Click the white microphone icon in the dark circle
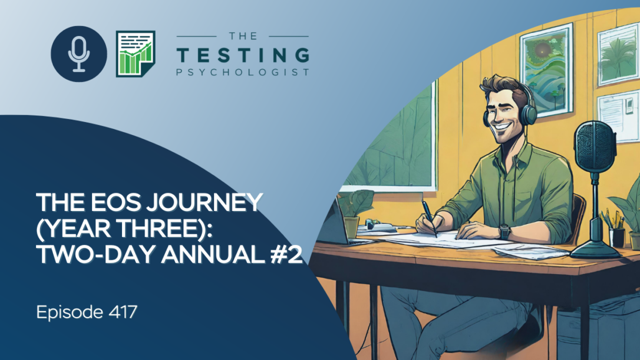coord(79,54)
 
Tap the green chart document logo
coord(136,54)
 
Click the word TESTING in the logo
coord(243,55)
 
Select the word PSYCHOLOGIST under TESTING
coord(243,72)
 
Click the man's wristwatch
coord(505,232)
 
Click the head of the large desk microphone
coord(595,146)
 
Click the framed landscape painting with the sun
coord(546,70)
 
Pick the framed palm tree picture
coord(618,54)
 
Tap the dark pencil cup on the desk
coord(616,237)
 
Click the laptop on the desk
coord(335,220)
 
